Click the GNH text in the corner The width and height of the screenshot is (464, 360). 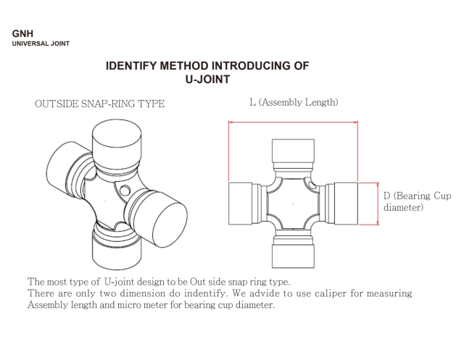coord(22,33)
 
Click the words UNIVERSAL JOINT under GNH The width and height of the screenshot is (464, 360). coord(41,43)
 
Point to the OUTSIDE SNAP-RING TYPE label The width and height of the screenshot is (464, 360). coord(99,104)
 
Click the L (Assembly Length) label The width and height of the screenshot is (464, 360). coord(294,102)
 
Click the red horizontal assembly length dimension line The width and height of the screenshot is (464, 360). coord(294,122)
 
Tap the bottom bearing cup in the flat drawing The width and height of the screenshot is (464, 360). coord(294,253)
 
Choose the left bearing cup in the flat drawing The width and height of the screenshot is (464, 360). coord(244,204)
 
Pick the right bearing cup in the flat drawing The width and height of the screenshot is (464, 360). coord(343,204)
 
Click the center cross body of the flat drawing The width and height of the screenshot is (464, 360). coord(294,204)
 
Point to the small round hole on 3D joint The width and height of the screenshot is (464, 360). coord(125,192)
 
